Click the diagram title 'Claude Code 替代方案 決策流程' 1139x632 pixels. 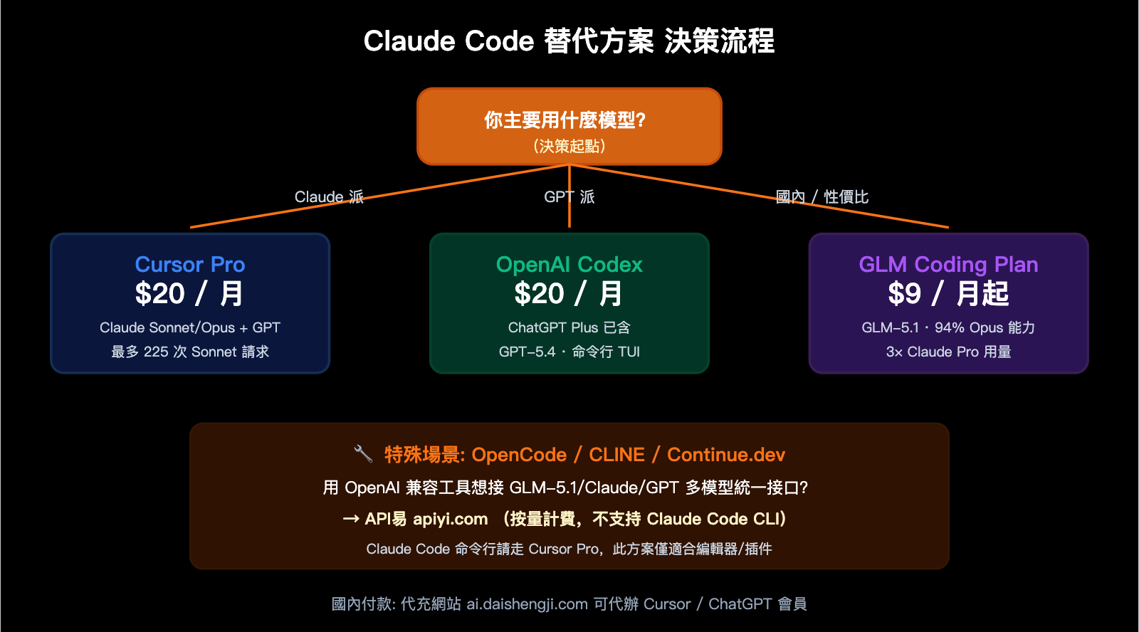(569, 41)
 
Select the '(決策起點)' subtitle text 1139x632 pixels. (569, 147)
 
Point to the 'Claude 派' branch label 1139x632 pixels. (329, 197)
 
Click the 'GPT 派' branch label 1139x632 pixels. (569, 197)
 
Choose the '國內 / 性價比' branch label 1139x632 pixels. (822, 197)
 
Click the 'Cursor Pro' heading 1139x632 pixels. (190, 265)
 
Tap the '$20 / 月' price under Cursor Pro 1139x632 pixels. (190, 294)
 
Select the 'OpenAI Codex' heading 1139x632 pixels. (569, 265)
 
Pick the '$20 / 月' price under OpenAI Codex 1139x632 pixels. (569, 294)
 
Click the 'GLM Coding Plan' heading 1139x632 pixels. (948, 265)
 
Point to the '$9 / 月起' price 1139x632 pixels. (948, 294)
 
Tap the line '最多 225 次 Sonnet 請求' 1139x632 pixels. (190, 352)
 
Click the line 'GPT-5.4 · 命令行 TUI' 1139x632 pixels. (569, 352)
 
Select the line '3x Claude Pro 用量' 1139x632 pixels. (948, 352)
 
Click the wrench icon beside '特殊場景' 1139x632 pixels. (363, 453)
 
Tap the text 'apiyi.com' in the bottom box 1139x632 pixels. (451, 520)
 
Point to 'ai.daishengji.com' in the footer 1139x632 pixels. (527, 604)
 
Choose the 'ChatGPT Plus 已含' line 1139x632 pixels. (569, 327)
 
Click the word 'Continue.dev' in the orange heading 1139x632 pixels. (726, 455)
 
